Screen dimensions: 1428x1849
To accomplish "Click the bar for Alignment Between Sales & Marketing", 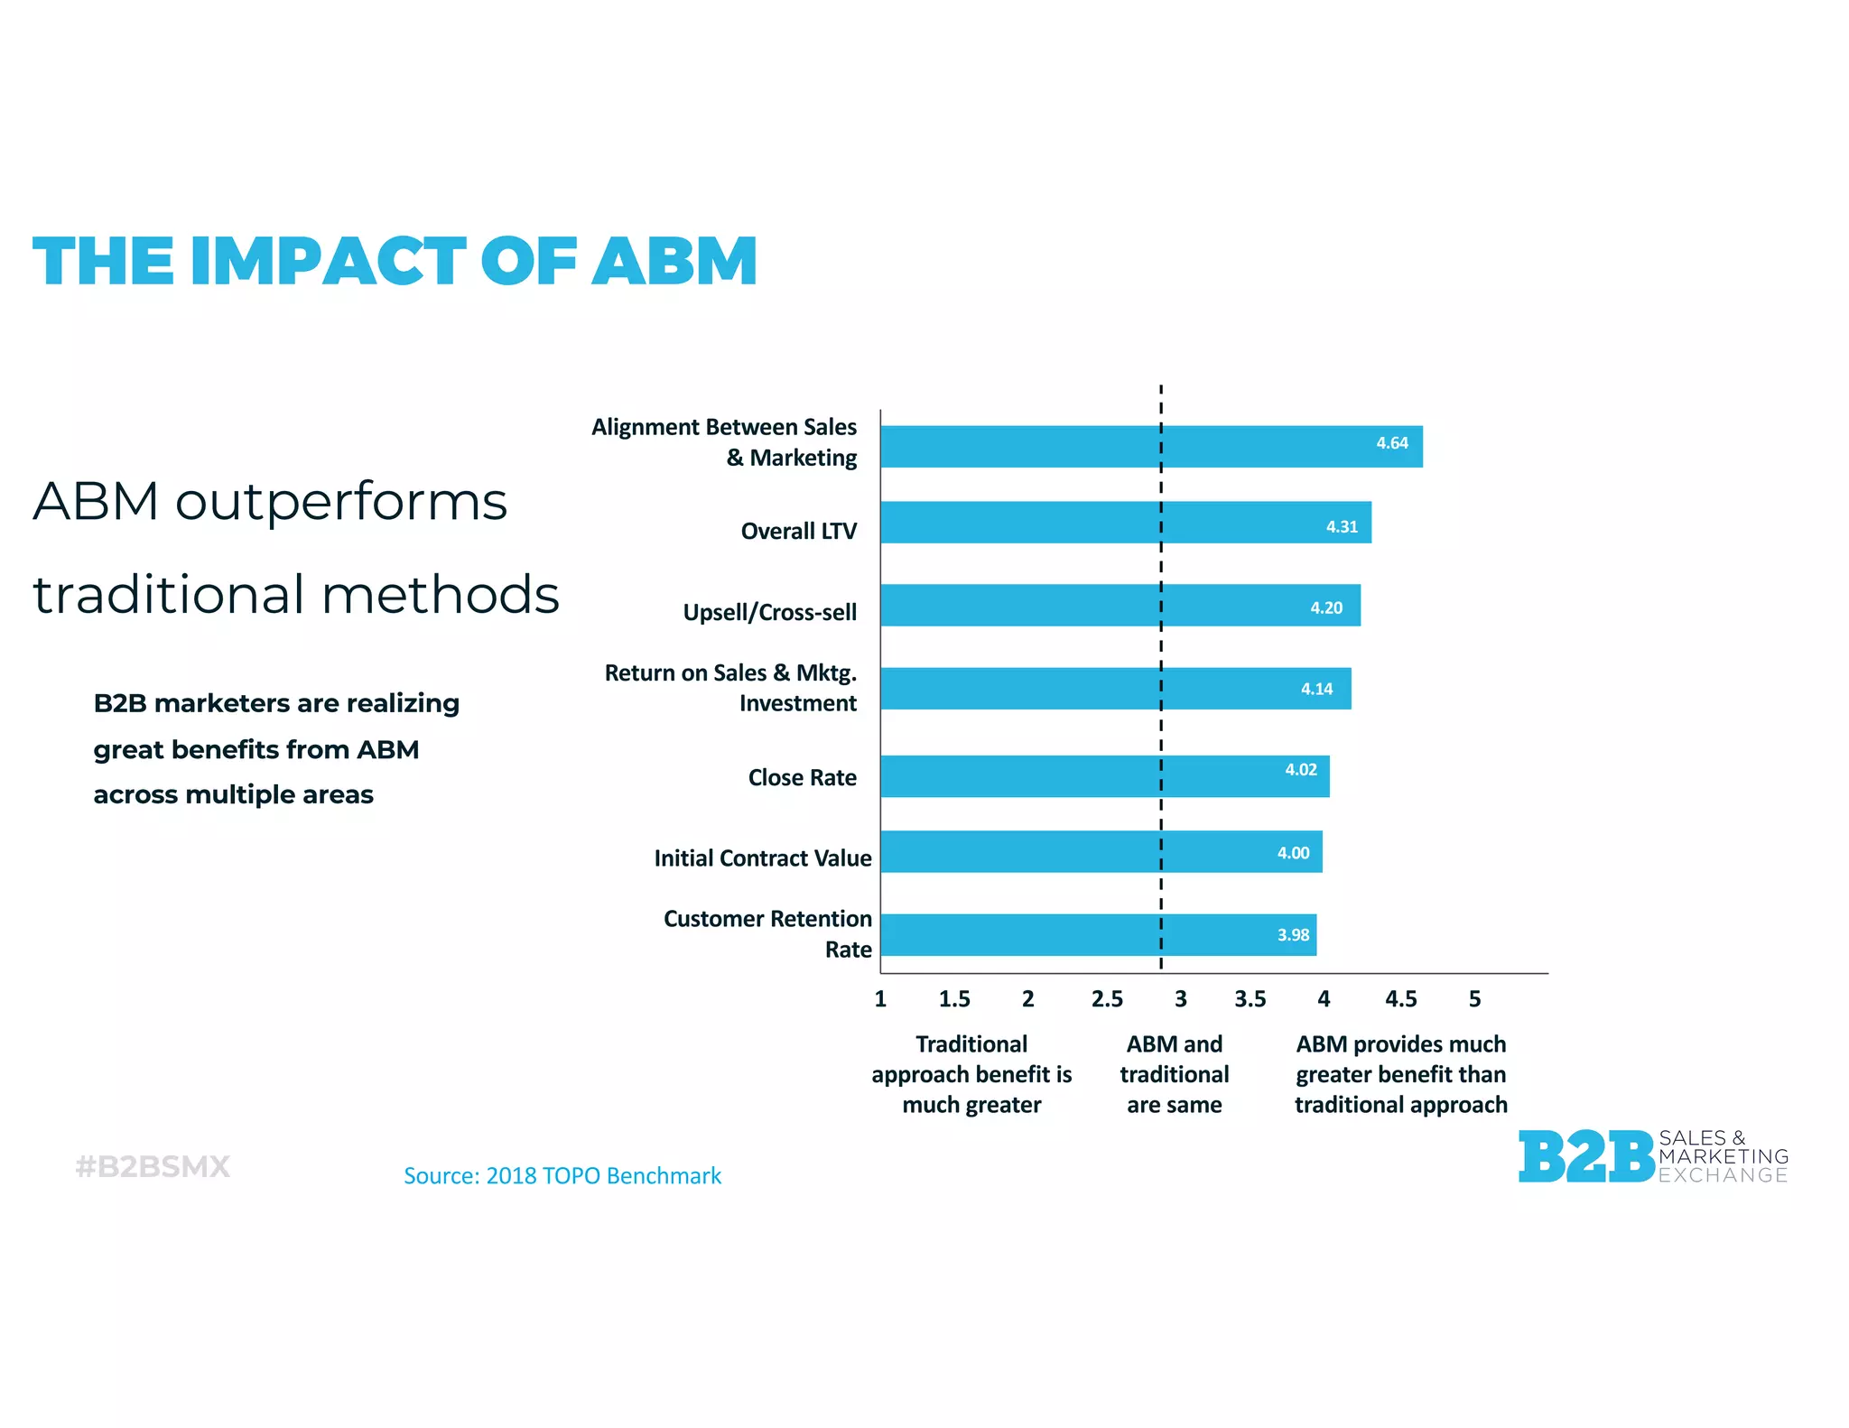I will pyautogui.click(x=1151, y=447).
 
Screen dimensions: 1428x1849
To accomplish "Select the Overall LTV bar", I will pyautogui.click(x=1126, y=523).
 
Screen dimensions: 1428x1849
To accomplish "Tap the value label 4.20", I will pyautogui.click(x=1326, y=607).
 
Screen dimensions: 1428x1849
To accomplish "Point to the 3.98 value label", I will pyautogui.click(x=1293, y=935).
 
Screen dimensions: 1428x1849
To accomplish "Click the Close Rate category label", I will pyautogui.click(x=802, y=777).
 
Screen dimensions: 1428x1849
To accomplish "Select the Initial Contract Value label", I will pyautogui.click(x=763, y=858).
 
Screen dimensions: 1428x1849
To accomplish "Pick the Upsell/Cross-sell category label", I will pyautogui.click(x=769, y=612).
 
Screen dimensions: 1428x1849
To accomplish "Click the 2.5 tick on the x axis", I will pyautogui.click(x=1107, y=999).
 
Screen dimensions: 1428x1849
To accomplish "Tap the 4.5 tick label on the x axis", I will pyautogui.click(x=1400, y=999).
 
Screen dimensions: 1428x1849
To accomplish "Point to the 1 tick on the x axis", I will pyautogui.click(x=880, y=999).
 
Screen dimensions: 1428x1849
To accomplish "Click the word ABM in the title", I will pyautogui.click(x=674, y=262).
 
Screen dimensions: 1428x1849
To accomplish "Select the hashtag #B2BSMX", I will pyautogui.click(x=153, y=1166).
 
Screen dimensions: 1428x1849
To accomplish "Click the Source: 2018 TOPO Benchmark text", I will pyautogui.click(x=562, y=1176).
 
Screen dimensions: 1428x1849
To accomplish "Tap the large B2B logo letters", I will pyautogui.click(x=1586, y=1156).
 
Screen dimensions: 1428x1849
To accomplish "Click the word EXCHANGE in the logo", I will pyautogui.click(x=1723, y=1175).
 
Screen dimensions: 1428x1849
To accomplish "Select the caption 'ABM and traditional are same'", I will pyautogui.click(x=1174, y=1074).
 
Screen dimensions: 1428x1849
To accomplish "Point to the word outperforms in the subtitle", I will pyautogui.click(x=341, y=502).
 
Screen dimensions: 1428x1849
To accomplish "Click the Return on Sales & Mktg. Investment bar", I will pyautogui.click(x=1115, y=689).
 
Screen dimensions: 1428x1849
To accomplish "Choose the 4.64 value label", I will pyautogui.click(x=1391, y=443).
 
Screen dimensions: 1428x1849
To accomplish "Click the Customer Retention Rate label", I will pyautogui.click(x=767, y=933).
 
